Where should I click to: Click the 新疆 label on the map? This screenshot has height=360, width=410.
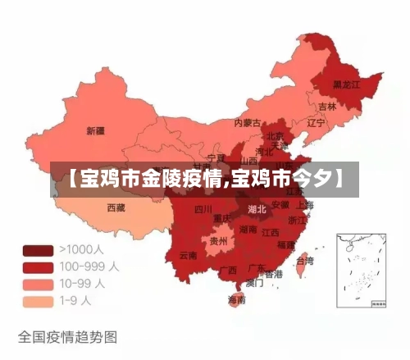click(95, 130)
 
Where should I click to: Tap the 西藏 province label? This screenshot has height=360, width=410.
click(116, 207)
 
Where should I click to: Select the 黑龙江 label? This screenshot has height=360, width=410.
click(348, 84)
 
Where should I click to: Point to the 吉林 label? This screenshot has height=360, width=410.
click(327, 107)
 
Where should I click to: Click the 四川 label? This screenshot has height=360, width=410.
click(203, 209)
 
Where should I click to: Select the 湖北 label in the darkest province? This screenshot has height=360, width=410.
click(257, 209)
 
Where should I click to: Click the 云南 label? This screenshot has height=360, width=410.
click(188, 255)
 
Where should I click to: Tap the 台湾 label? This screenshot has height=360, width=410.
click(304, 261)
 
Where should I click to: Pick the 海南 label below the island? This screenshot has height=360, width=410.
click(236, 300)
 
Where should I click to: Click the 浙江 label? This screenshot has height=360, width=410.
click(298, 221)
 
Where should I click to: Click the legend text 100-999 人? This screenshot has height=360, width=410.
click(89, 267)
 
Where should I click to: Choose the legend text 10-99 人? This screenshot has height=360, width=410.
click(82, 284)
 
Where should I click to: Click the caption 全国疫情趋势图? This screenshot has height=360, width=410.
click(67, 336)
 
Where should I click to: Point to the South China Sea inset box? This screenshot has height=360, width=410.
click(359, 269)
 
